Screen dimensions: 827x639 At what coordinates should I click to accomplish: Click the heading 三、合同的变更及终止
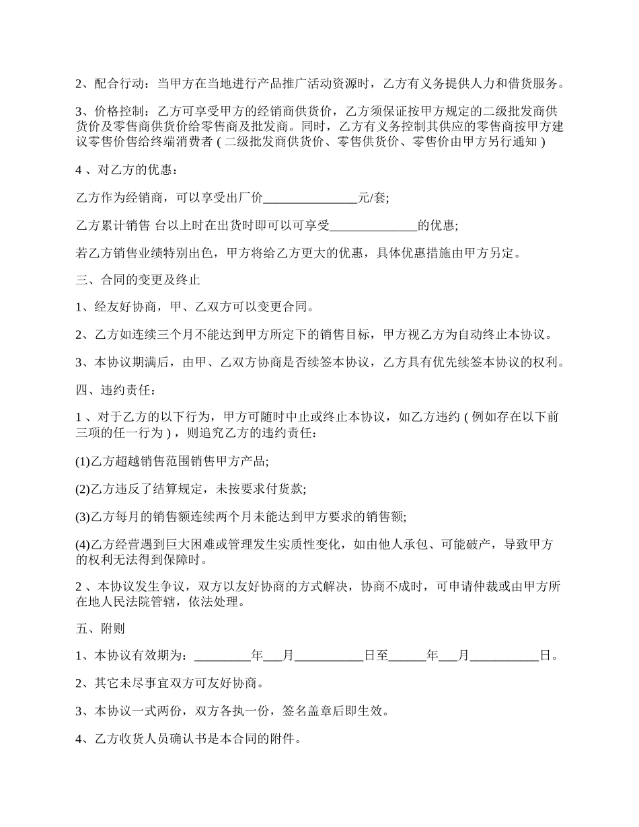(138, 278)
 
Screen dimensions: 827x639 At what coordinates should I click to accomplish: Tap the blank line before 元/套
(310, 198)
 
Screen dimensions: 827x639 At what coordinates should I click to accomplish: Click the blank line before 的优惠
(374, 225)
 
